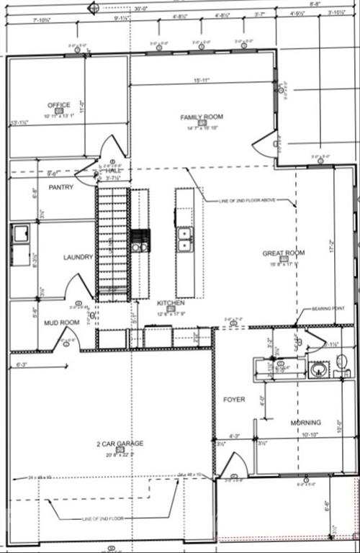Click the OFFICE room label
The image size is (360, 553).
59,105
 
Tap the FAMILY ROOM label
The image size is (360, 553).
201,117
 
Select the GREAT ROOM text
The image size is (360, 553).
283,253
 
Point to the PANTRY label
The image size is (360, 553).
61,187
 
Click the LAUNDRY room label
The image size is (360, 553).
78,257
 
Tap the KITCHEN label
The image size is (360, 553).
171,303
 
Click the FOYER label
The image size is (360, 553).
233,399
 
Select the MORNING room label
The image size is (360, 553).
305,423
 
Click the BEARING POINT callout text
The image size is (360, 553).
328,308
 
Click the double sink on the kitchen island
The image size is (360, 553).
184,239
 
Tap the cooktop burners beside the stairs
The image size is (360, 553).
140,240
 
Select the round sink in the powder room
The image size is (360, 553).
319,371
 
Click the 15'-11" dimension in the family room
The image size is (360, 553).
202,80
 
